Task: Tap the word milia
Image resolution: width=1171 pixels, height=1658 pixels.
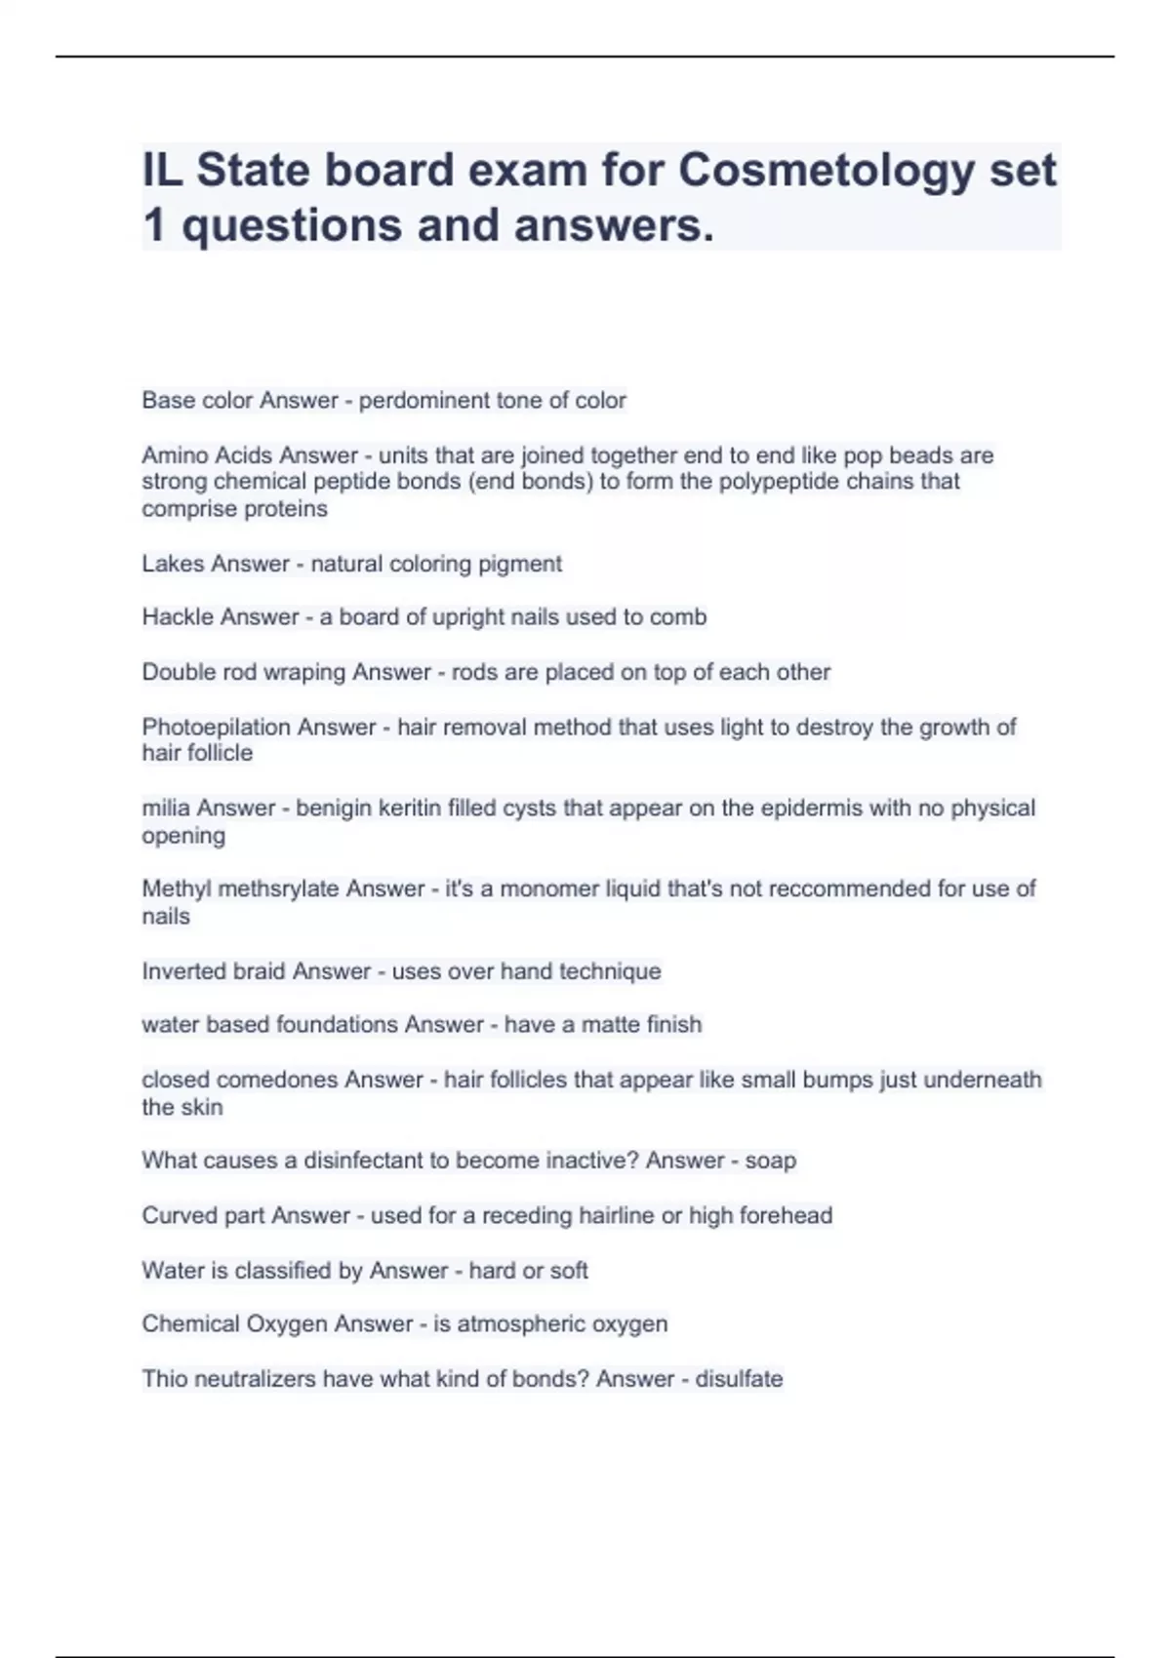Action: (x=166, y=809)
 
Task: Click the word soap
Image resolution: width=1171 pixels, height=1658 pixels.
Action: (x=770, y=1161)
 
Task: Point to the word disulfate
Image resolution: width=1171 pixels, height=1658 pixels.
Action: (x=739, y=1379)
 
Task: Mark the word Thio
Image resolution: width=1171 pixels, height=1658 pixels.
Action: (x=161, y=1379)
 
